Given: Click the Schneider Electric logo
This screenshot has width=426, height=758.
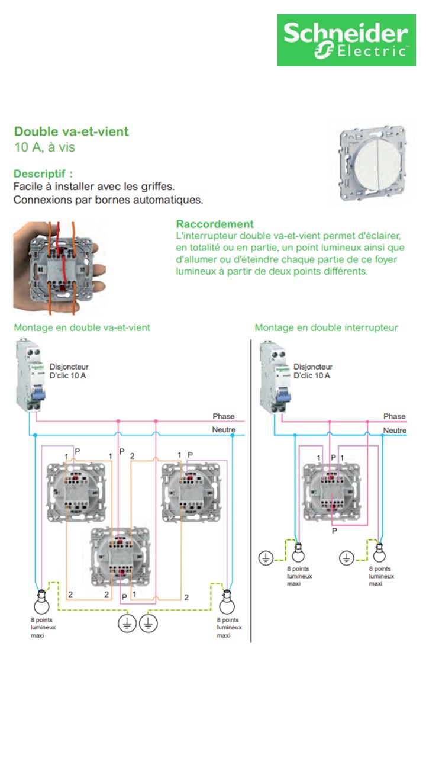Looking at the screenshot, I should (x=346, y=40).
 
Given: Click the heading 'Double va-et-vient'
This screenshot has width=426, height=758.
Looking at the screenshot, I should (x=71, y=131).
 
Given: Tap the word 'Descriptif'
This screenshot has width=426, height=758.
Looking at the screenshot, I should (x=43, y=174).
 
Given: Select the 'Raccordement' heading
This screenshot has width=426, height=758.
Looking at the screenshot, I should (x=215, y=224).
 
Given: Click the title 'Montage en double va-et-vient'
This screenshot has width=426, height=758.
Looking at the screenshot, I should (x=82, y=327).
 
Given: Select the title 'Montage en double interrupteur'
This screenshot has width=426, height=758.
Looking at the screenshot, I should (x=326, y=327).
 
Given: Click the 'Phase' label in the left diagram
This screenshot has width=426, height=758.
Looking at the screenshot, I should (x=224, y=416).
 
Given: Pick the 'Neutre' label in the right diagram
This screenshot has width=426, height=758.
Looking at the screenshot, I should (x=395, y=431).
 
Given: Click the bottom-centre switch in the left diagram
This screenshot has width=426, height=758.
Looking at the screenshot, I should (x=120, y=557).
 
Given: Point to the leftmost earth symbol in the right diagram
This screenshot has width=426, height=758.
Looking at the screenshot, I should (x=266, y=557).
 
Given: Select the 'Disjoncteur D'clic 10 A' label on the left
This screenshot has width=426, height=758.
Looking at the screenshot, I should (x=69, y=371).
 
